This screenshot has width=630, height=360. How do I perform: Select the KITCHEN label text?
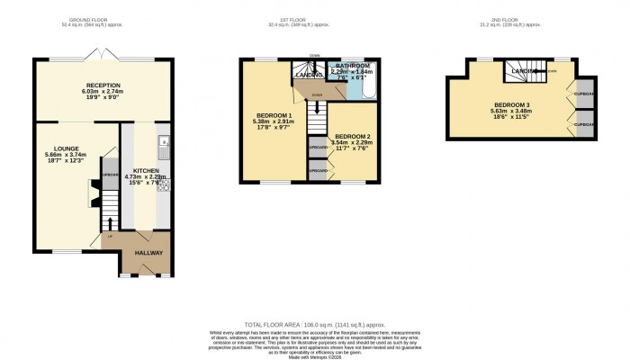click(x=146, y=170)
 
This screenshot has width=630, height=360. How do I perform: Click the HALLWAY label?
click(x=148, y=253)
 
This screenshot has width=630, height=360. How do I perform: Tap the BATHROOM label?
click(x=352, y=66)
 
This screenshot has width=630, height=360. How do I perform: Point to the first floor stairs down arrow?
click(x=316, y=108)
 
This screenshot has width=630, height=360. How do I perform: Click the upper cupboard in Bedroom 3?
click(x=584, y=94)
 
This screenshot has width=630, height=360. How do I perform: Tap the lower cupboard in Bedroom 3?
click(x=584, y=124)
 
